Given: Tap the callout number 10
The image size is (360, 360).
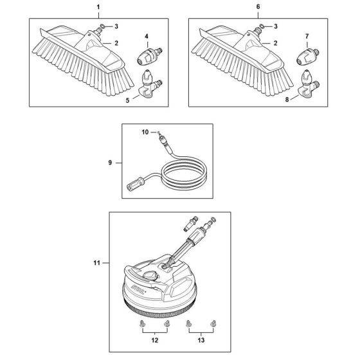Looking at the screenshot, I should pyautogui.click(x=145, y=132).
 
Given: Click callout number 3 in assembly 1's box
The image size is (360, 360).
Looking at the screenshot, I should pyautogui.click(x=116, y=26).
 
